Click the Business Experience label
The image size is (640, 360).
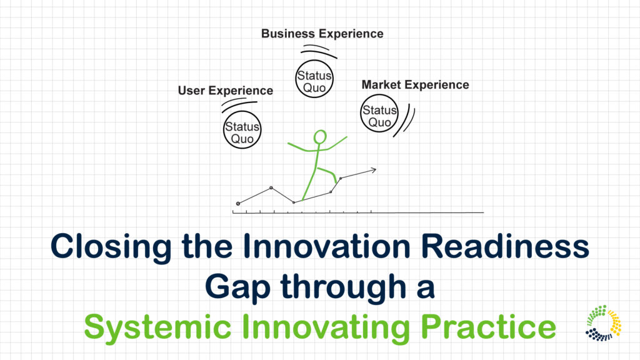[322, 34]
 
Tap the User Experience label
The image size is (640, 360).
[225, 91]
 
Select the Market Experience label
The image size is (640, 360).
[415, 85]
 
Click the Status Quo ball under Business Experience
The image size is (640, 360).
[314, 79]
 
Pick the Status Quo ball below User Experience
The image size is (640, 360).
[242, 129]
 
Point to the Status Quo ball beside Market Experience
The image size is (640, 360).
[379, 114]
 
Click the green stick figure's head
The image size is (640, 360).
[320, 137]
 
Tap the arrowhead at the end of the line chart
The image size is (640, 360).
[372, 170]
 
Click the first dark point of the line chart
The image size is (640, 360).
[238, 203]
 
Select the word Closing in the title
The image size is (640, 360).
[111, 246]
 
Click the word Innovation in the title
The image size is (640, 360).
[326, 246]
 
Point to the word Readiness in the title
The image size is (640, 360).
[505, 246]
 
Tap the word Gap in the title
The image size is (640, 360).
[237, 287]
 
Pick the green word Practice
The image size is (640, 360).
[488, 326]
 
